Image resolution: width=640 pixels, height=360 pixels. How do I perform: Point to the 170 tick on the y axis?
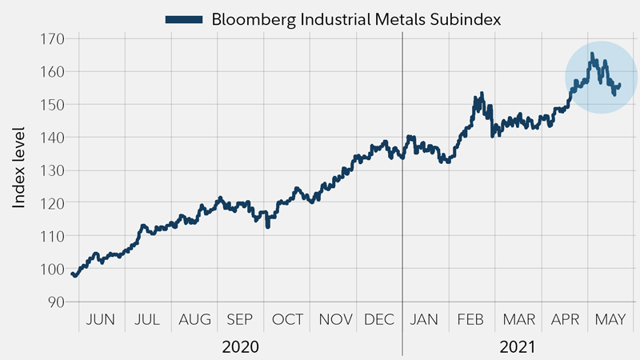54,38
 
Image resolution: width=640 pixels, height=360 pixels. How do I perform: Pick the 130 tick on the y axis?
54,170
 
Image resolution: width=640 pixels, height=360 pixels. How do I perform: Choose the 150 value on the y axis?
54,104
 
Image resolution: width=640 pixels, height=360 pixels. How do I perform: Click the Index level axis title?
19,167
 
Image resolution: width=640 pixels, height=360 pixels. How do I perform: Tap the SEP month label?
240,320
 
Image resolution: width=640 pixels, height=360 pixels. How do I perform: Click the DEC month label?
379,320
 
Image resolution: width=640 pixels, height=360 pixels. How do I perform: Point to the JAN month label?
424,320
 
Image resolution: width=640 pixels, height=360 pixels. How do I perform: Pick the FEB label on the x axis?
470,320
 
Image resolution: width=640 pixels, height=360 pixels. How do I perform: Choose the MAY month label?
610,320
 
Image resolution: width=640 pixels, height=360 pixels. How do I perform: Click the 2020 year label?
240,347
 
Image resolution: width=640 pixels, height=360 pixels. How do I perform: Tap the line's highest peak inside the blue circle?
592,54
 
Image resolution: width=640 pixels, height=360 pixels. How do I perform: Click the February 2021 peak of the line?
481,94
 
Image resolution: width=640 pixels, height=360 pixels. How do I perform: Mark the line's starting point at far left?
73,274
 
